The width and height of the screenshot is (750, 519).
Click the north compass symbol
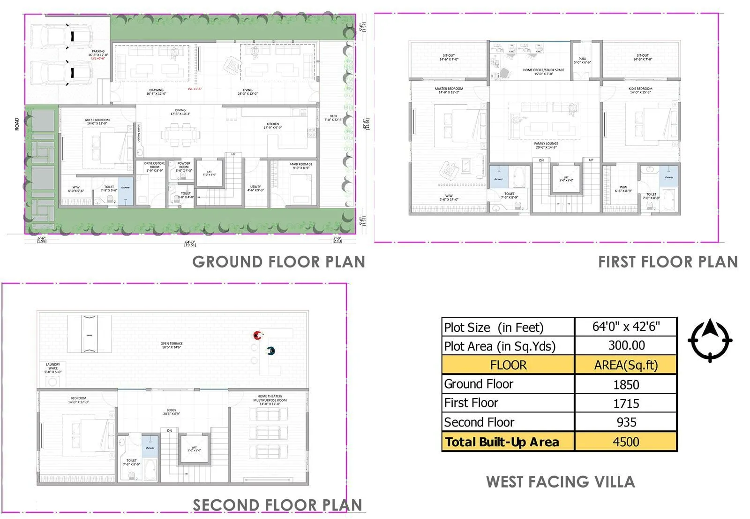tap(710, 340)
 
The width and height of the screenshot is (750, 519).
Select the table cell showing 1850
tap(626, 385)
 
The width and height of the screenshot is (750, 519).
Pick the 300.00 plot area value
tap(626, 345)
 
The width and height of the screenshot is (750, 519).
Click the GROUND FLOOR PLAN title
tap(278, 262)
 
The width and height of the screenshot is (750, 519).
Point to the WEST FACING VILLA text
tap(560, 482)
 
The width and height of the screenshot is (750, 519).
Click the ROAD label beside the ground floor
tap(17, 124)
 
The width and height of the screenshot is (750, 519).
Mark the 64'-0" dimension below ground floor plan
tap(190, 243)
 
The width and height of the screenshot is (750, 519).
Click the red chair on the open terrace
tap(257, 335)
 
